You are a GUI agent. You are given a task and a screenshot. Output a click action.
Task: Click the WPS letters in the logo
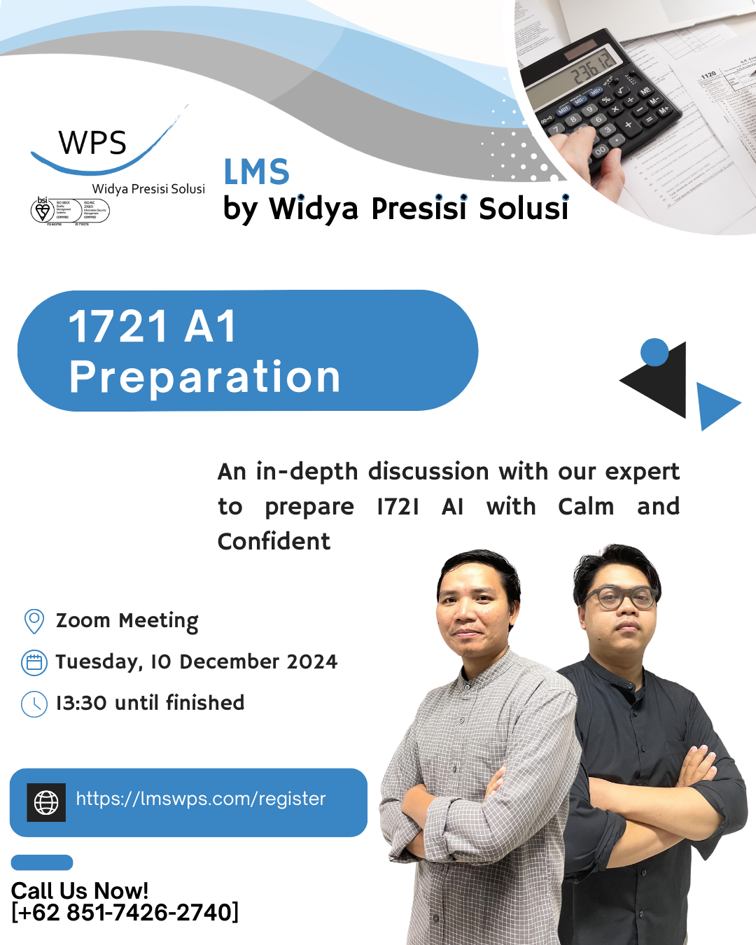(x=92, y=143)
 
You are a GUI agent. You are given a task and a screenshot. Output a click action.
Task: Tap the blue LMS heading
(x=256, y=172)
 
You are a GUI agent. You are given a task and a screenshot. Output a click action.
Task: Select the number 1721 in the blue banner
(x=118, y=327)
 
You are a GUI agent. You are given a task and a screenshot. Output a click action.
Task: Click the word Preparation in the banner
(x=204, y=377)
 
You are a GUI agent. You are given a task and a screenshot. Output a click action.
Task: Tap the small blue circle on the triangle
(x=654, y=352)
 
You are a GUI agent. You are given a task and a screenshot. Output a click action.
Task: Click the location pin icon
(x=34, y=621)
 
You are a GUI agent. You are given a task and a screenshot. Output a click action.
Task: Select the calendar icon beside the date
(x=34, y=662)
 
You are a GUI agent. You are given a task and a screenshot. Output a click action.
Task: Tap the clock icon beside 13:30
(x=34, y=703)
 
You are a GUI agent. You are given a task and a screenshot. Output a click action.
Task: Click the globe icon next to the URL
(x=46, y=802)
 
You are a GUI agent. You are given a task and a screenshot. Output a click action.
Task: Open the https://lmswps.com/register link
(x=201, y=799)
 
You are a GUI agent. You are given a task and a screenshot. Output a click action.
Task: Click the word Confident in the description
(x=274, y=542)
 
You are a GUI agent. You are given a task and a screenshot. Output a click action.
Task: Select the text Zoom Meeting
(x=127, y=621)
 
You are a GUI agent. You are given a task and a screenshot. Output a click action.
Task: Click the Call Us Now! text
(x=80, y=890)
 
